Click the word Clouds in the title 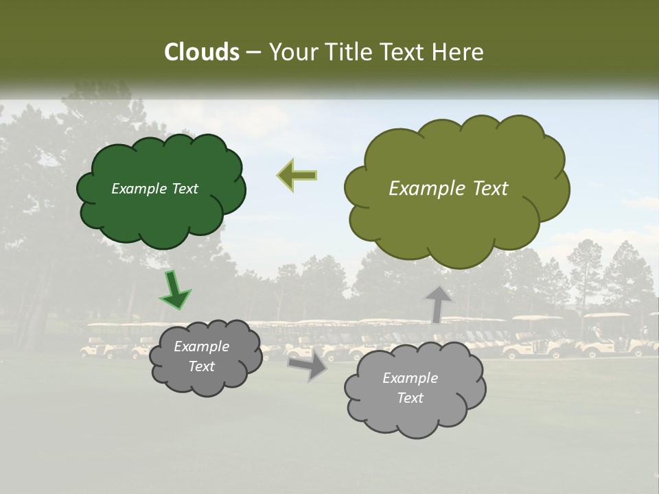(x=202, y=52)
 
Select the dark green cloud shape (x=161, y=213)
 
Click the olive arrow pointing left (x=297, y=175)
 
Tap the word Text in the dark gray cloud (x=202, y=366)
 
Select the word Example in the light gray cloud (x=410, y=378)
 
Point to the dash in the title (x=253, y=52)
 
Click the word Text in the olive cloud (x=490, y=189)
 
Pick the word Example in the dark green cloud (x=138, y=189)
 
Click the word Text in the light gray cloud (x=411, y=398)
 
